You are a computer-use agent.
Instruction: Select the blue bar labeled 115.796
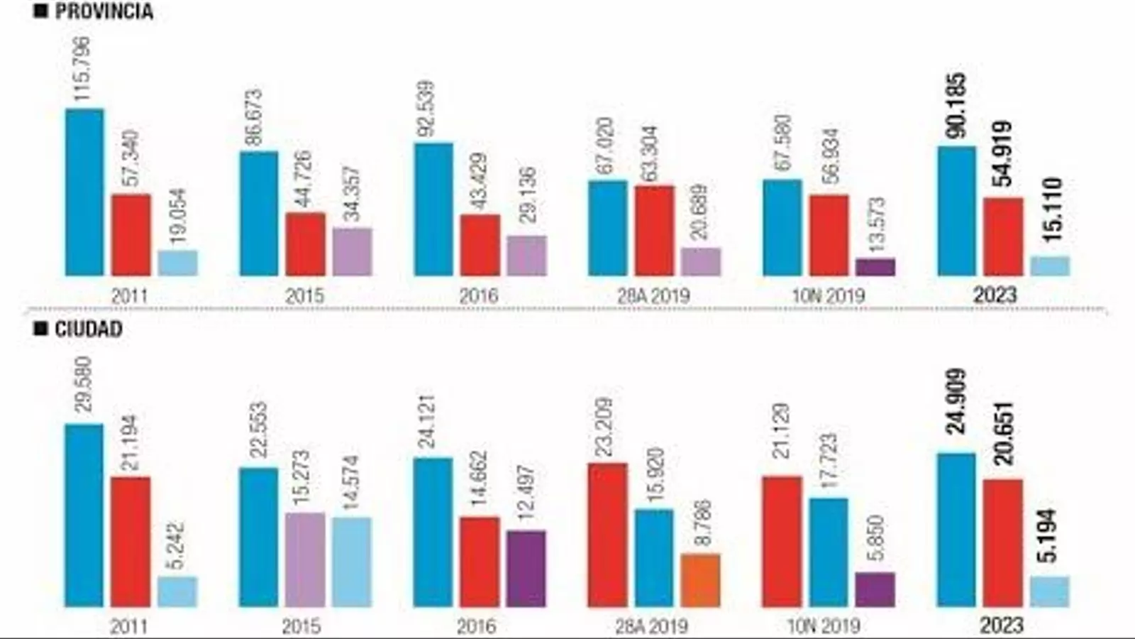[84, 192]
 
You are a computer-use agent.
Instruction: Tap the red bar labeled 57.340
[131, 234]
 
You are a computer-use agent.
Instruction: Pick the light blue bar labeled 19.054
[177, 263]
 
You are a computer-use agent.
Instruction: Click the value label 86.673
[254, 117]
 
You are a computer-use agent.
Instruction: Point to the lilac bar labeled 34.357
[352, 252]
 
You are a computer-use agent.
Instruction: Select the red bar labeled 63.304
[654, 231]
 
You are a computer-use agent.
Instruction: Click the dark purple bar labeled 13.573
[875, 267]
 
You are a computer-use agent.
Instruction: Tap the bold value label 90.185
[956, 106]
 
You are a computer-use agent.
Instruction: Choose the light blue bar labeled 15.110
[1050, 266]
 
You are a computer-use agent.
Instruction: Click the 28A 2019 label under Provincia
[653, 295]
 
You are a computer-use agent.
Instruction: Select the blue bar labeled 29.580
[84, 515]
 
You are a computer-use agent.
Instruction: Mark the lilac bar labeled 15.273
[305, 559]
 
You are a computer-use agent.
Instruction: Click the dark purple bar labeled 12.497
[526, 568]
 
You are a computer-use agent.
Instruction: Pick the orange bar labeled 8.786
[701, 580]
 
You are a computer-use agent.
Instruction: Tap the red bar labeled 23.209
[607, 535]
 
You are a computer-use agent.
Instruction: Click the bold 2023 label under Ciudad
[1001, 626]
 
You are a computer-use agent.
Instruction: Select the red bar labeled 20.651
[1003, 543]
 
